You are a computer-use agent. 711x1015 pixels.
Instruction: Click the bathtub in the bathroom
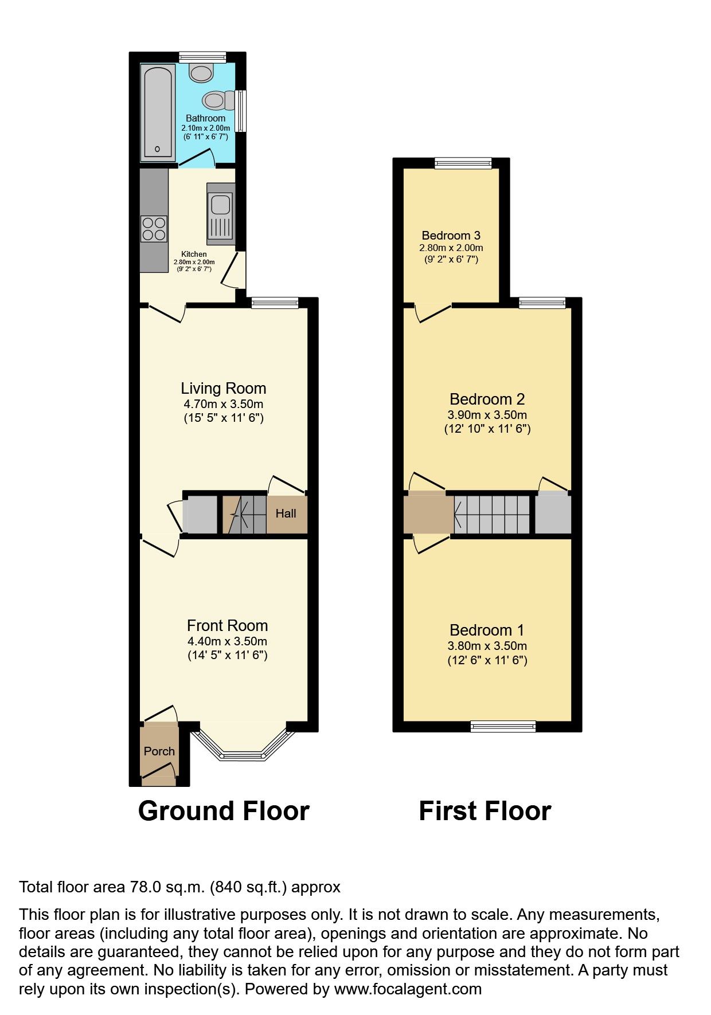(x=158, y=112)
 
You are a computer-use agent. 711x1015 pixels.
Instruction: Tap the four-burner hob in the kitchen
(x=154, y=228)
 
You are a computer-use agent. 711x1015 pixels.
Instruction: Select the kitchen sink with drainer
(x=221, y=214)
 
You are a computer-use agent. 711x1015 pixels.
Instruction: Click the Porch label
(x=159, y=751)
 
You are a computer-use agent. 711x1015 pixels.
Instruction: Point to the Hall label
(x=286, y=514)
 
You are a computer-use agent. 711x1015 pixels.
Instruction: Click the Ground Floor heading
(x=224, y=811)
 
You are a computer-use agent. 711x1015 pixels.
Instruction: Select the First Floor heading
(x=485, y=811)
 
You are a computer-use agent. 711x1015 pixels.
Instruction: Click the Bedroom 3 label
(x=451, y=236)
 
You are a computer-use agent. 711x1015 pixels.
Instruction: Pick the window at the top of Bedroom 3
(x=463, y=163)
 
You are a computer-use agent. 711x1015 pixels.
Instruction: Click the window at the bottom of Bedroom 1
(x=503, y=727)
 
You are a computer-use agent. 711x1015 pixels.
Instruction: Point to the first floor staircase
(x=492, y=514)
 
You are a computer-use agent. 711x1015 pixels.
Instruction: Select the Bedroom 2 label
(x=487, y=399)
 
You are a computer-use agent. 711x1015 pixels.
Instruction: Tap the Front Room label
(x=227, y=625)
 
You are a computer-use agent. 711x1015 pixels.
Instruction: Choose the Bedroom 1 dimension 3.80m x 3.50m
(x=487, y=646)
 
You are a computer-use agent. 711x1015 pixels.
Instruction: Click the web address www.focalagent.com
(x=408, y=989)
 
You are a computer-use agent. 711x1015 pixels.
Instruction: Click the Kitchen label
(x=194, y=254)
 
